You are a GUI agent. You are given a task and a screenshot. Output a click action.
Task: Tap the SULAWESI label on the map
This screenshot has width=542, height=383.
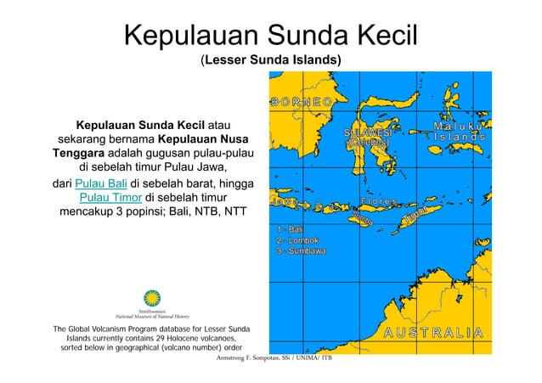click(x=367, y=133)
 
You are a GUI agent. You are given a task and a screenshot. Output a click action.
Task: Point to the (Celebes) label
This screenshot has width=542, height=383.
click(x=367, y=144)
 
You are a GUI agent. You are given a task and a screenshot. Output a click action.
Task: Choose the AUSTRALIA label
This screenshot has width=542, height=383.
click(x=432, y=332)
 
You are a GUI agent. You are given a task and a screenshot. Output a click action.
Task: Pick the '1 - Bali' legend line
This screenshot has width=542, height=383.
click(x=291, y=230)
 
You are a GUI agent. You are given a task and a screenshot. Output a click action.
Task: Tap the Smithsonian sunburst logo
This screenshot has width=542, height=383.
click(x=152, y=298)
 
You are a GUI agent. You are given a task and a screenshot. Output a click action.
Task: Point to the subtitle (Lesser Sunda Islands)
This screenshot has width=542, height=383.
click(x=271, y=61)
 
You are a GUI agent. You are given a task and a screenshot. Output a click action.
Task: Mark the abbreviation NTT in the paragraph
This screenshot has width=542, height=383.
click(x=230, y=213)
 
